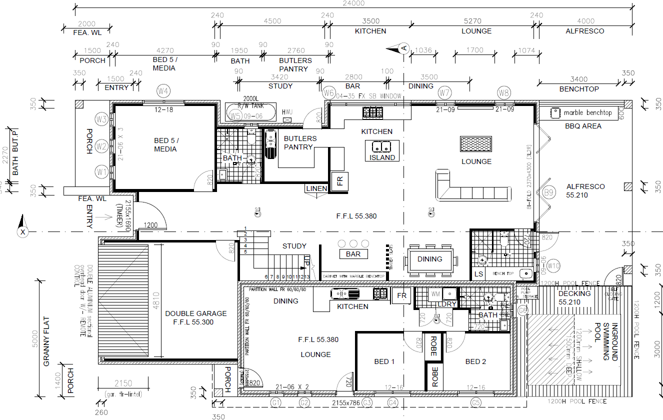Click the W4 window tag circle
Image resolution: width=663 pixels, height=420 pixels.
click(162, 91)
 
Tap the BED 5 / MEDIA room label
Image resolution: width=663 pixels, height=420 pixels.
click(165, 144)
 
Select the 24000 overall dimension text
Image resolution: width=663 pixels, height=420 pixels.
click(354, 3)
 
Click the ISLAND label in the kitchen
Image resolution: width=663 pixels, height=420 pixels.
click(382, 157)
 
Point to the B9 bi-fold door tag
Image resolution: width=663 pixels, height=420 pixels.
click(549, 192)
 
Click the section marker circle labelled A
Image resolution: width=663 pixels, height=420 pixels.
click(403, 48)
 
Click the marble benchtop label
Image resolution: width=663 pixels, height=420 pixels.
click(587, 112)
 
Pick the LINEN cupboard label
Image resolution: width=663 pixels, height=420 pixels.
click(316, 188)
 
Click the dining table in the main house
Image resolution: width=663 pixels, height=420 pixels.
click(429, 259)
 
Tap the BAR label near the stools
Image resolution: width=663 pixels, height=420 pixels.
click(353, 254)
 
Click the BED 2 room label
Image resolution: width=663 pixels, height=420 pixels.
click(475, 361)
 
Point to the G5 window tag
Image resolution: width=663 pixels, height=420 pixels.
click(475, 402)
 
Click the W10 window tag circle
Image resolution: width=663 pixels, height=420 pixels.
click(553, 265)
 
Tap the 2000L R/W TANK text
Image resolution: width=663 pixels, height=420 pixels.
click(250, 102)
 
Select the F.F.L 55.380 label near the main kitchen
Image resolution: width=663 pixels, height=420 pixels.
click(356, 216)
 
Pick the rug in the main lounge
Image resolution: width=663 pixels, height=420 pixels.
click(475, 144)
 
